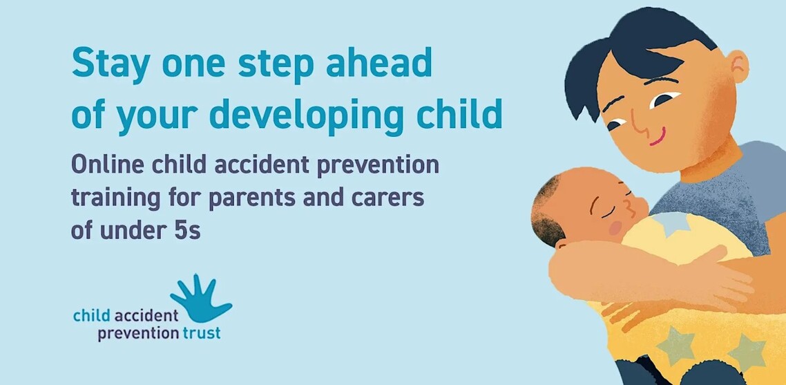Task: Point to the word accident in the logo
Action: tap(146, 316)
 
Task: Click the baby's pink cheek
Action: tap(615, 228)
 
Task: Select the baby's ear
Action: tap(562, 245)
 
